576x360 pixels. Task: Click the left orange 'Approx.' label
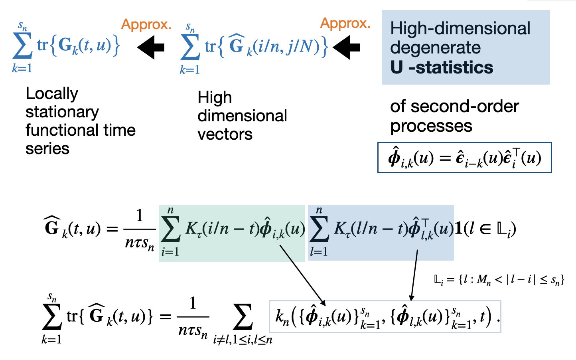[x=146, y=25]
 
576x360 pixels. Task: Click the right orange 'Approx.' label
[x=345, y=24]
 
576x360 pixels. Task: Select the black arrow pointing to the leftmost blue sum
[x=151, y=47]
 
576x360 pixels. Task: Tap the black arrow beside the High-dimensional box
[x=346, y=47]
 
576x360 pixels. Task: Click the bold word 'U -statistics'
[x=442, y=67]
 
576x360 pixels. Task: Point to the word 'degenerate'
[x=435, y=48]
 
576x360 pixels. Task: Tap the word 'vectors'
[x=225, y=135]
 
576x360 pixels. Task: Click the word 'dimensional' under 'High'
[x=242, y=116]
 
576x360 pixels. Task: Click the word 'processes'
[x=431, y=126]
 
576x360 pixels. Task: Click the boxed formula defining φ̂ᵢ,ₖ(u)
[x=464, y=158]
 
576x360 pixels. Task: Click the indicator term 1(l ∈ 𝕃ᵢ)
[x=485, y=229]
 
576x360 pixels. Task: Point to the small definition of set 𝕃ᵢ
[x=499, y=280]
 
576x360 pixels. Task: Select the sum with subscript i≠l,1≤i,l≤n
[x=243, y=321]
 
